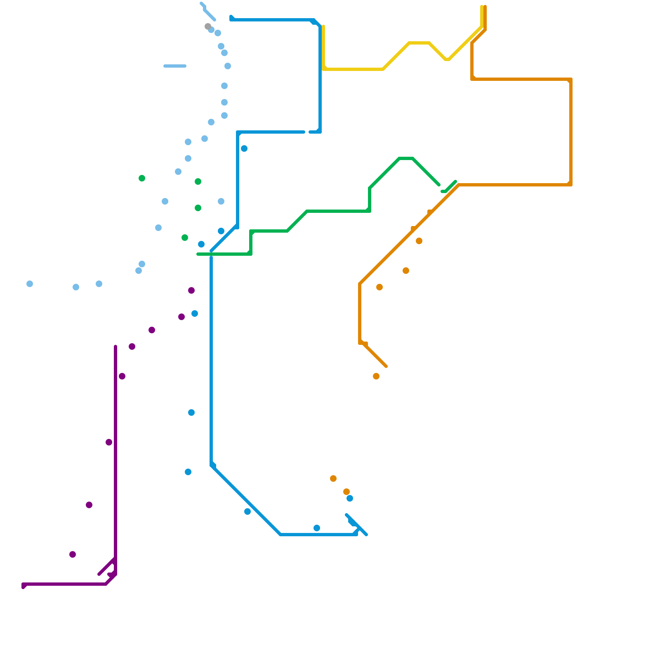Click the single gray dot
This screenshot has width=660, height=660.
click(208, 26)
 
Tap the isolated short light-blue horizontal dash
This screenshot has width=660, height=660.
click(175, 66)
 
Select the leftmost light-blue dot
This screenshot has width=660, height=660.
click(30, 284)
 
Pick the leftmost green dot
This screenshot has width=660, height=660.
click(142, 178)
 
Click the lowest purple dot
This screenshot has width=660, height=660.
click(73, 554)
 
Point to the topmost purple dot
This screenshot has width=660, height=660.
click(191, 290)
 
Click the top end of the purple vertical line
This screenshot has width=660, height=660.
click(115, 346)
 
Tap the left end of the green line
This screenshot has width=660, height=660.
click(198, 254)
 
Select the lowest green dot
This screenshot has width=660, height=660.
click(185, 238)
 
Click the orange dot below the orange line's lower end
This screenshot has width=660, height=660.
click(376, 376)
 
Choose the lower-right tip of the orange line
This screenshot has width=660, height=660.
click(386, 366)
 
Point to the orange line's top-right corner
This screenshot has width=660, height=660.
click(571, 79)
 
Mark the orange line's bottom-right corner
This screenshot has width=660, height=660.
click(571, 185)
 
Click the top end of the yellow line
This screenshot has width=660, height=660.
click(482, 7)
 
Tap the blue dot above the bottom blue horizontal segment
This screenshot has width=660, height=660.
click(317, 528)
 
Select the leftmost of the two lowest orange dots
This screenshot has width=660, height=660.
click(333, 478)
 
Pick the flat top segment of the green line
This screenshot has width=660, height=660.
click(406, 158)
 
